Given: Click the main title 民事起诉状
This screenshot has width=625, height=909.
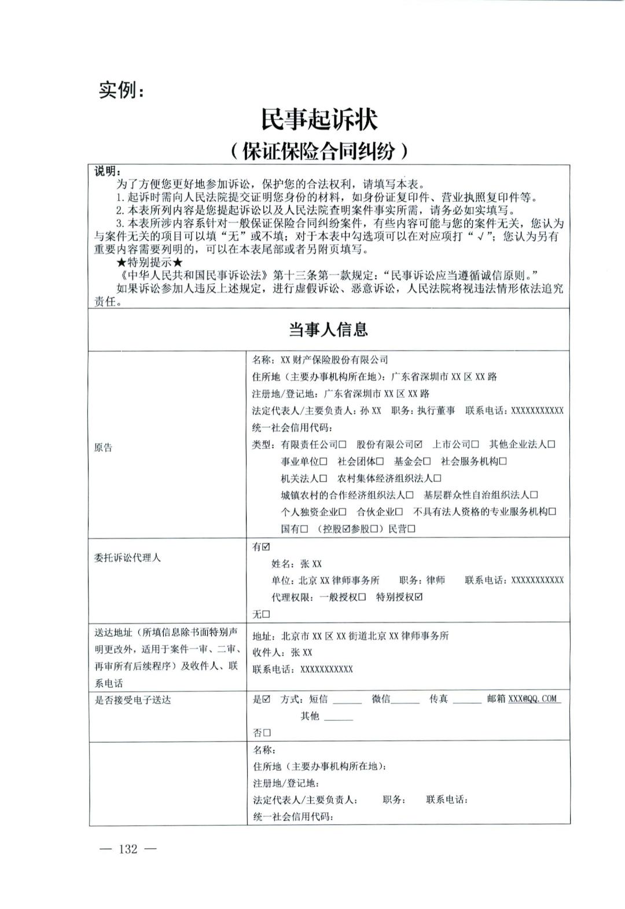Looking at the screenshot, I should (319, 120).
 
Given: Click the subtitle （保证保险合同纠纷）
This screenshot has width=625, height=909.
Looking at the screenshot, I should (319, 151).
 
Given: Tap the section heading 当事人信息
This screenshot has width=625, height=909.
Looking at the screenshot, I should (329, 330).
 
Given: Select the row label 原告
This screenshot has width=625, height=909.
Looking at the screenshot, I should (104, 448).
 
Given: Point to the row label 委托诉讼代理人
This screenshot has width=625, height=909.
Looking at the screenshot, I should (127, 558).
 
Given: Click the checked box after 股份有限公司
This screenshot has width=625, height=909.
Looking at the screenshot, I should (418, 445).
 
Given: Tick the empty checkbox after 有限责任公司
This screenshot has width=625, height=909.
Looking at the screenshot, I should (343, 445).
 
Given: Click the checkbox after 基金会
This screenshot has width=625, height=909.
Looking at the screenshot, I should (427, 461).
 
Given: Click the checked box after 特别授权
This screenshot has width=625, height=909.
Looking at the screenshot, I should (418, 597).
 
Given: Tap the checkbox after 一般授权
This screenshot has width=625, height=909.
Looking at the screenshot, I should (362, 597).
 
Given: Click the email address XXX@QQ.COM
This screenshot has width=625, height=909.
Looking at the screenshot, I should (533, 699).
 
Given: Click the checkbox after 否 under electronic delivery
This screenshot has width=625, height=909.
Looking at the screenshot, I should (267, 733).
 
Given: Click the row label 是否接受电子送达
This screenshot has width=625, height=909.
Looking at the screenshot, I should (133, 700).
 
